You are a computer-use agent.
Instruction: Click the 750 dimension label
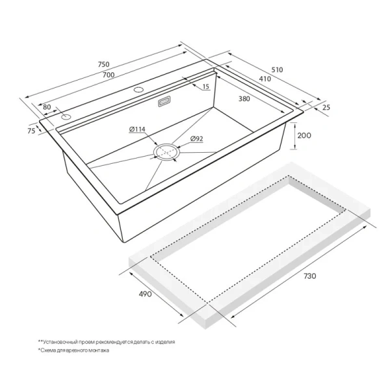[103, 64]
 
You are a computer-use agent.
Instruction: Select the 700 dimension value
[109, 75]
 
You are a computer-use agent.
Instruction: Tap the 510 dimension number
[277, 70]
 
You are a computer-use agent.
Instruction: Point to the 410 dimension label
[264, 79]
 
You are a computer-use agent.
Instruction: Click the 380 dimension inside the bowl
[244, 99]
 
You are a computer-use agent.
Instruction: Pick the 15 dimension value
[205, 86]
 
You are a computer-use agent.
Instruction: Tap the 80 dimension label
[46, 107]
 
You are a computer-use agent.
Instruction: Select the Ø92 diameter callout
[198, 138]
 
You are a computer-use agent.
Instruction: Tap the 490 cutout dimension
[145, 294]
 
